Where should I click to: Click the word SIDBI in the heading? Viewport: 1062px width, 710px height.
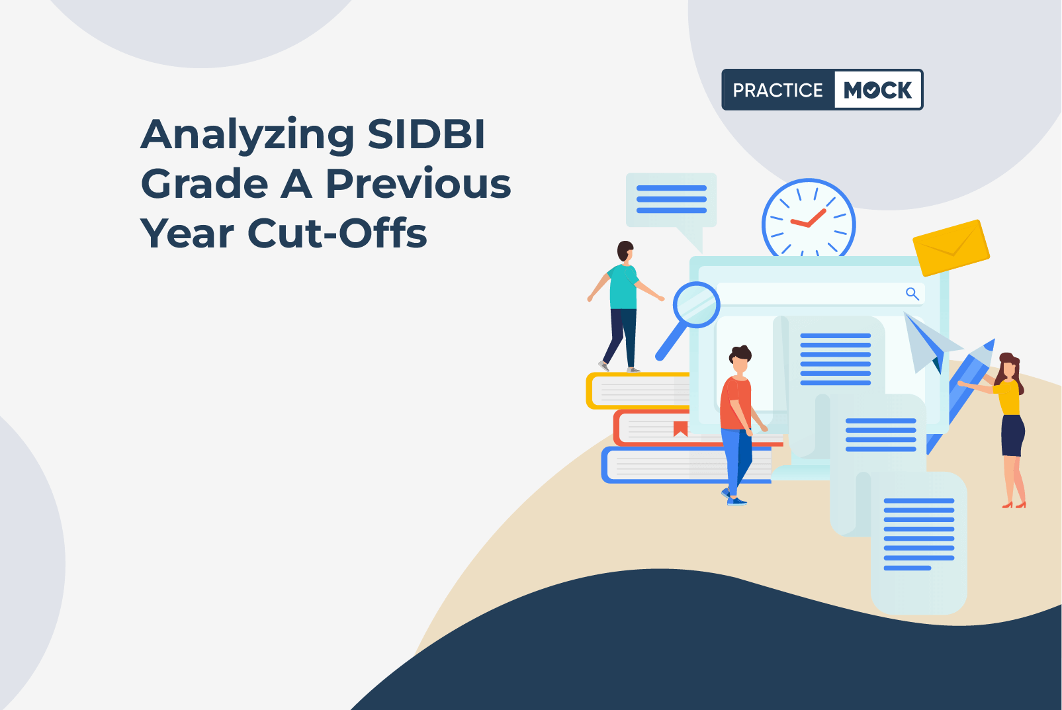[x=426, y=134]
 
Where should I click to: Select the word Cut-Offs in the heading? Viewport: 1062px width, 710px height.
[x=337, y=232]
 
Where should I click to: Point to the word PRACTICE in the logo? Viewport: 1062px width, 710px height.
[x=777, y=90]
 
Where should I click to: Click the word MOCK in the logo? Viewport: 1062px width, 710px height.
[x=877, y=89]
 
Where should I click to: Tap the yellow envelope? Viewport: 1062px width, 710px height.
[x=951, y=247]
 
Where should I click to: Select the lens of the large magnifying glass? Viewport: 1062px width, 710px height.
[x=697, y=304]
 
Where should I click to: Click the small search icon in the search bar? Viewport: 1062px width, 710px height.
[x=912, y=294]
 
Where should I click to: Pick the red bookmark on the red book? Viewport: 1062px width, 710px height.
[x=680, y=429]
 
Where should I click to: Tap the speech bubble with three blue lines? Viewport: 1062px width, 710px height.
[x=672, y=201]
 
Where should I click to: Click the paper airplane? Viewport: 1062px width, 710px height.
[x=929, y=342]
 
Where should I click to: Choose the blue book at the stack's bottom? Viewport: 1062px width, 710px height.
[x=686, y=465]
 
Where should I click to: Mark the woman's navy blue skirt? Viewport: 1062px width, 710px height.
[x=1012, y=435]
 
